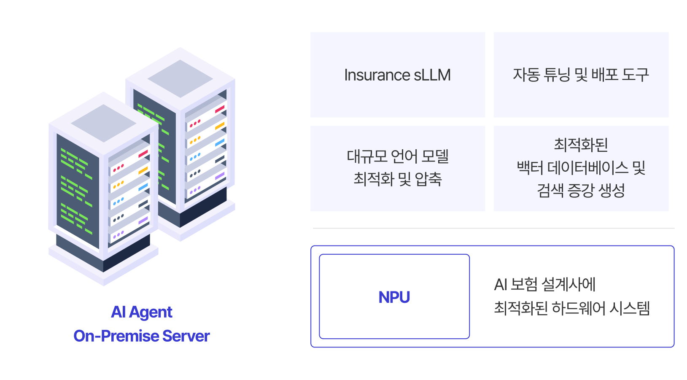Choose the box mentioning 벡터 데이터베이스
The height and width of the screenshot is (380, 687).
point(581,168)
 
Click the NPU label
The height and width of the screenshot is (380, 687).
point(394,297)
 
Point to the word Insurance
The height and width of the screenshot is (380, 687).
point(377,75)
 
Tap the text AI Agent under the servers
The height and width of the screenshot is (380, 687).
point(142,312)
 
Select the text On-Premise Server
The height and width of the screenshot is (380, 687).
point(142,336)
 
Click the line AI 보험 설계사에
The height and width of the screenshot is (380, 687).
point(544,285)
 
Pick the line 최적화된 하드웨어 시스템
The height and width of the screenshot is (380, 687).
point(571,308)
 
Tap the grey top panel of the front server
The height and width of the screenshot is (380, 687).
point(103,123)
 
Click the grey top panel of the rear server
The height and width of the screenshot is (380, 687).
point(180,78)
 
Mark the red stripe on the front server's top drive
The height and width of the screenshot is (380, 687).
point(143,154)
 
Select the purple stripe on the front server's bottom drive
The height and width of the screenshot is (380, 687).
point(143,221)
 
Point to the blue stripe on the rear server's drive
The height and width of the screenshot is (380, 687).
point(220,143)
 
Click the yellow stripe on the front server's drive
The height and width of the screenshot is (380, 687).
point(143,170)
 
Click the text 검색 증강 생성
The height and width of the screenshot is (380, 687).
point(581,191)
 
